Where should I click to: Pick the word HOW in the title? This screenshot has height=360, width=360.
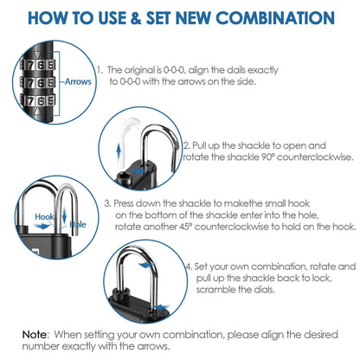(x=46, y=17)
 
